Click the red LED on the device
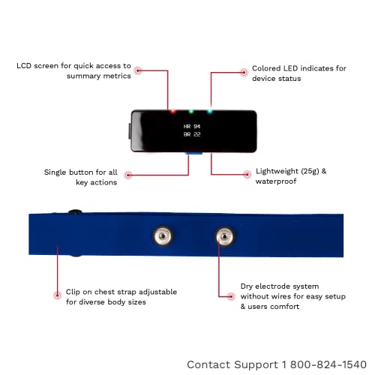coord(172,112)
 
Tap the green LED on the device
coord(191,112)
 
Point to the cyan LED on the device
coord(210,112)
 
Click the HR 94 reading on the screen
coord(192,127)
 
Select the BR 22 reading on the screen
coord(192,134)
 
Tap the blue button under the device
coord(193,153)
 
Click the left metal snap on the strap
coord(163,236)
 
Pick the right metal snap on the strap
coord(225,236)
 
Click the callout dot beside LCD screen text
coord(138,70)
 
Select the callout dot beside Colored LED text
coord(244,73)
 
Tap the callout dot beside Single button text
coord(128,175)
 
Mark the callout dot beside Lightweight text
coord(247,175)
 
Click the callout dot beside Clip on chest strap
coord(58,295)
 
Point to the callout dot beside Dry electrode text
coord(231,296)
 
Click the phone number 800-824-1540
coord(328,364)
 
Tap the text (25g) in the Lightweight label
coord(310,172)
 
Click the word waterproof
coord(276,181)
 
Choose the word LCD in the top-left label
coord(24,66)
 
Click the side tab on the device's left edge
coord(130,131)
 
